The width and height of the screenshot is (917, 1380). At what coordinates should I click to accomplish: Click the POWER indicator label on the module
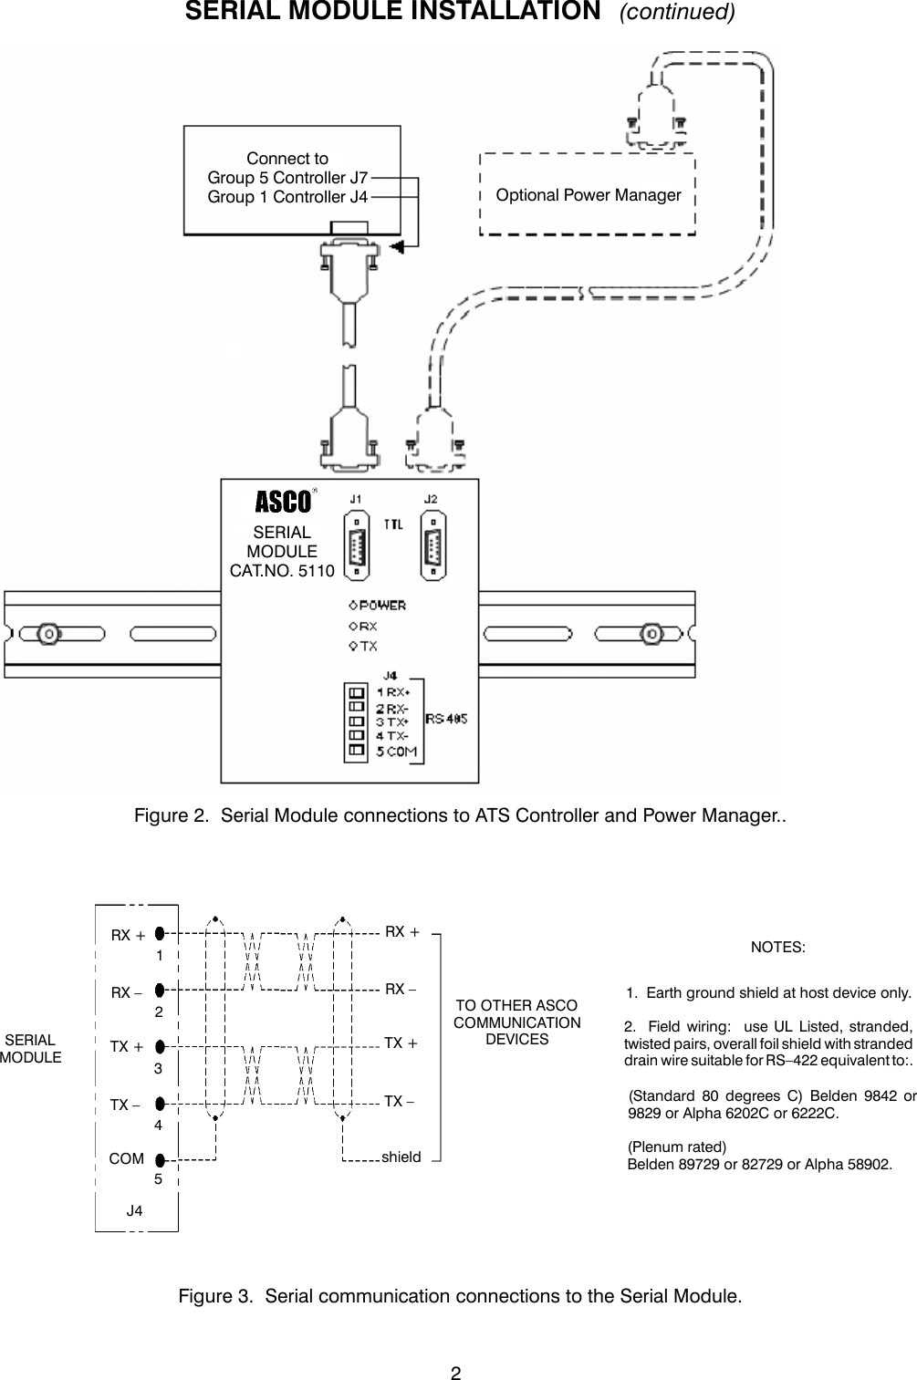(382, 605)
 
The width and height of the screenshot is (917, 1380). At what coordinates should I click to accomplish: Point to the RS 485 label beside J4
(447, 719)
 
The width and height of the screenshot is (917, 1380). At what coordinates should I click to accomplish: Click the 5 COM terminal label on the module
(397, 752)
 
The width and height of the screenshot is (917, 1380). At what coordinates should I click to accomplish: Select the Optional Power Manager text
(588, 195)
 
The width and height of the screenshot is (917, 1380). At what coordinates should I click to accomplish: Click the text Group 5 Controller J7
(287, 177)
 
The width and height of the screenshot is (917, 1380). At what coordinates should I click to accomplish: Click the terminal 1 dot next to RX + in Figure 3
(160, 933)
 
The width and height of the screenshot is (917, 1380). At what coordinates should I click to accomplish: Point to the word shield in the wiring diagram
(401, 1157)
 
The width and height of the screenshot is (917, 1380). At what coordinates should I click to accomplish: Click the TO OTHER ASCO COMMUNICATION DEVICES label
(516, 1022)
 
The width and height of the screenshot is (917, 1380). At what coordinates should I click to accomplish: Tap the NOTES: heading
(777, 947)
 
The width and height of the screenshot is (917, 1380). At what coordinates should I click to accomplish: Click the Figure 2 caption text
(460, 814)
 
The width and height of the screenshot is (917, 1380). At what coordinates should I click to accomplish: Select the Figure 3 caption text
(460, 1296)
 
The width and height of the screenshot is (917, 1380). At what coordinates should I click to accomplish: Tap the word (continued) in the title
(677, 13)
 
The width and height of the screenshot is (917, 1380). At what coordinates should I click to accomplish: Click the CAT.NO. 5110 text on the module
(282, 571)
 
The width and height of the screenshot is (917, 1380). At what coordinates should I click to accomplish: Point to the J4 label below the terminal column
(134, 1211)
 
